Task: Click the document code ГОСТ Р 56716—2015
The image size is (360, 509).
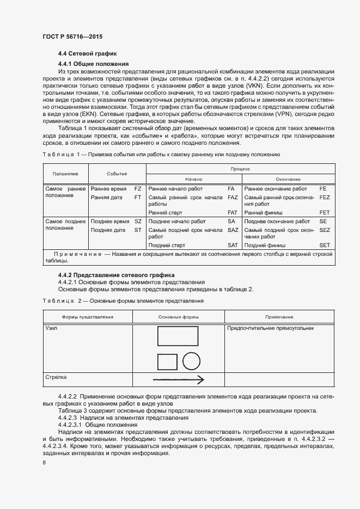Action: coord(72,36)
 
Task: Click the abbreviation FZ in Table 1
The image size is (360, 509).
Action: coord(138,188)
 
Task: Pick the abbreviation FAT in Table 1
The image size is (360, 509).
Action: coord(232,212)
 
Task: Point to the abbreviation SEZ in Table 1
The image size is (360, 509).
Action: coord(325,230)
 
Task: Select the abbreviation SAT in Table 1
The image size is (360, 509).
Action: coord(232,246)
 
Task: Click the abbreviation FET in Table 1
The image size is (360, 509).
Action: coord(325,212)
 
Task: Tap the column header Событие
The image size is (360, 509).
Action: coord(117,174)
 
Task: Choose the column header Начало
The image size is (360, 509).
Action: coord(193,179)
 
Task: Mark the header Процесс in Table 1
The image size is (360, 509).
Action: coord(241,169)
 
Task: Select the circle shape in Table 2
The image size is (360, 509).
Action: coord(193,361)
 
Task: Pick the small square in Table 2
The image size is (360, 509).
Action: coord(167,362)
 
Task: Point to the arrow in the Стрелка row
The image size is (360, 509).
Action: coord(179,379)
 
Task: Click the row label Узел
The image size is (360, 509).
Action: coord(52,328)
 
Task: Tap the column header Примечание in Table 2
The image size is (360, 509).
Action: coord(279,317)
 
